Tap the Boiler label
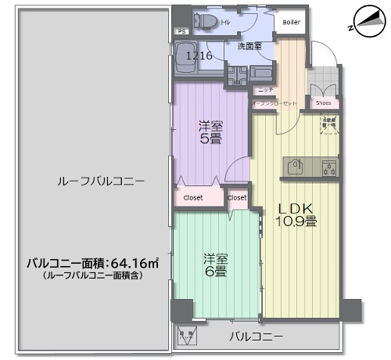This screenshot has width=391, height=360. pyautogui.click(x=292, y=22)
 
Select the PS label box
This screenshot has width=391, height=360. pyautogui.click(x=181, y=32)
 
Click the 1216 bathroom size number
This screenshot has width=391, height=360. pyautogui.click(x=199, y=56)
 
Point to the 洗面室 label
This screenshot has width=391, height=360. pyautogui.click(x=249, y=46)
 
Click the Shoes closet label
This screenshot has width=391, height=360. pyautogui.click(x=323, y=103)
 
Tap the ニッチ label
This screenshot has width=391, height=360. pyautogui.click(x=264, y=90)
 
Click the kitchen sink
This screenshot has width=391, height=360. pyautogui.click(x=296, y=166)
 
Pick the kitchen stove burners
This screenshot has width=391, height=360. pyautogui.click(x=328, y=166)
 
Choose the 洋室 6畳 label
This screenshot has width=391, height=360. pyautogui.click(x=216, y=265)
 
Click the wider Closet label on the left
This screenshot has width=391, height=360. pyautogui.click(x=193, y=198)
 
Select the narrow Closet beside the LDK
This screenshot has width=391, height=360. pyautogui.click(x=237, y=198)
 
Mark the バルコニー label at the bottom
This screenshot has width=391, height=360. pyautogui.click(x=256, y=337)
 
